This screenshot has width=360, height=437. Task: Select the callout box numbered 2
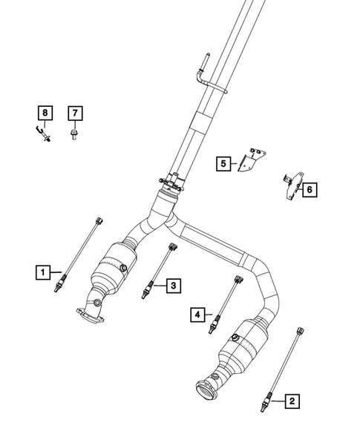coord(292,401)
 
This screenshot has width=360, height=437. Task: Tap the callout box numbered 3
coord(172,285)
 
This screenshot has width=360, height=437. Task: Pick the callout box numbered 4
coord(197,315)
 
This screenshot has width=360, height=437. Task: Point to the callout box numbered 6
coord(310,189)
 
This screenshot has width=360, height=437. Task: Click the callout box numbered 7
coord(75,114)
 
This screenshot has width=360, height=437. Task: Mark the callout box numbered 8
coord(45,114)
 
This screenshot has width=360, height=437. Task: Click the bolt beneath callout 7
coord(75,134)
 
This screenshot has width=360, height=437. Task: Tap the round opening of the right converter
coord(205,389)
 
